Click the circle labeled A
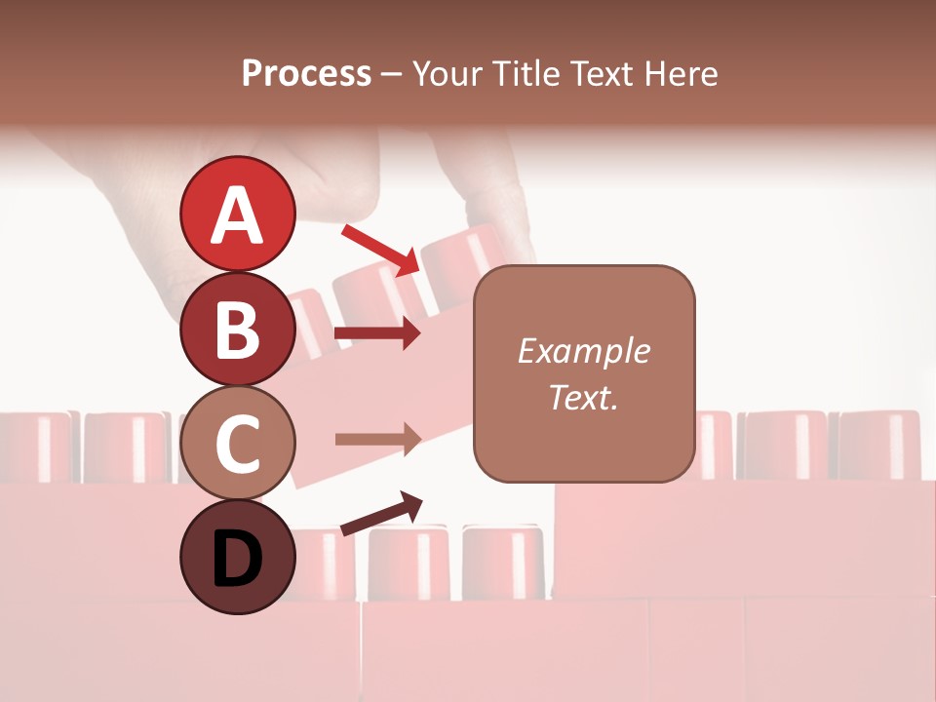coord(237,214)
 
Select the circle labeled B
coord(237,329)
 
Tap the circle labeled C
coord(237,443)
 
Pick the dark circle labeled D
coord(237,557)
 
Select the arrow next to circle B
coord(378,334)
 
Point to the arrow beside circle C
coord(378,440)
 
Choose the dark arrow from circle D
coord(381,514)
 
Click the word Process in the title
coord(306,74)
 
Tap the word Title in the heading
coord(525,74)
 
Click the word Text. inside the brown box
coord(583,397)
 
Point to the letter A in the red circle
coord(237,214)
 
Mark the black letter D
coord(237,560)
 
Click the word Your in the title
coord(446,74)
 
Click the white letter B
coord(237,330)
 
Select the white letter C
coord(237,444)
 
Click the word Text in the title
coord(603,74)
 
